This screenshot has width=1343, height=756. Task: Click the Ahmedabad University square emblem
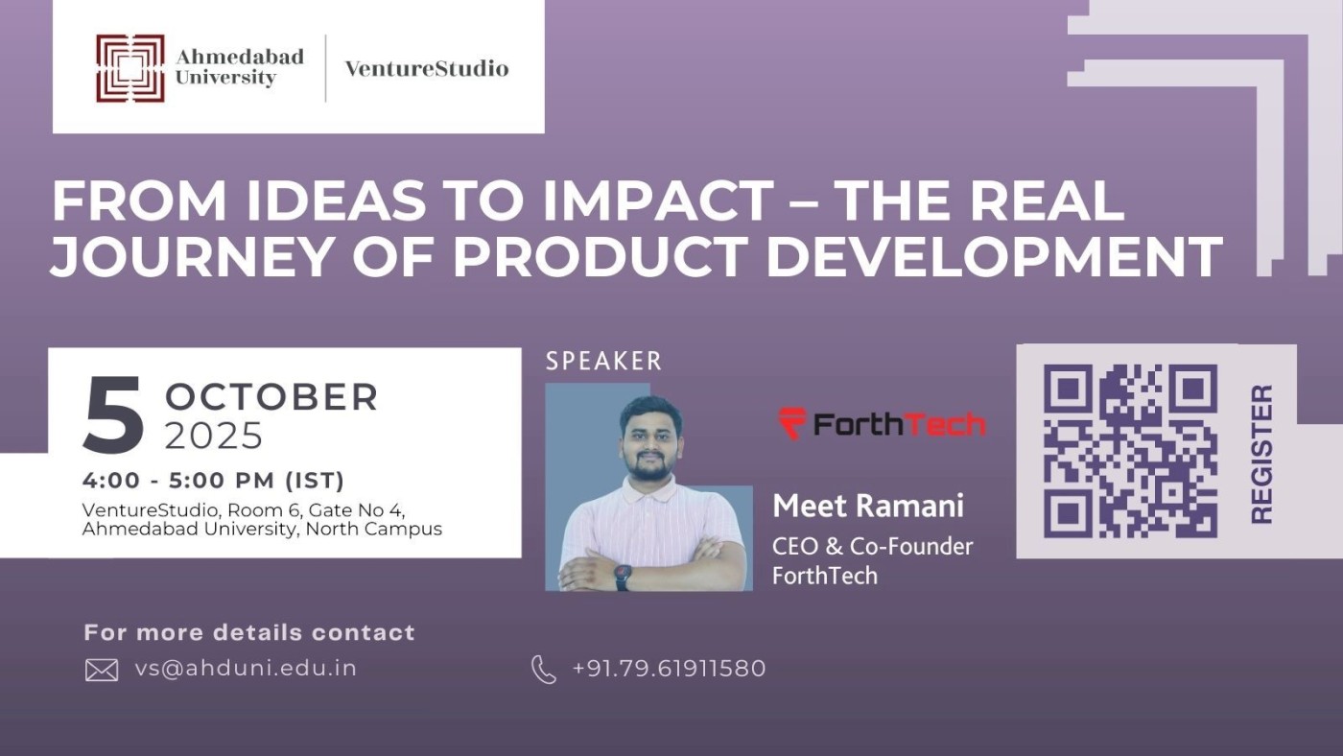[130, 68]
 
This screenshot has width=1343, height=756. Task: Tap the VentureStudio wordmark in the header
[427, 68]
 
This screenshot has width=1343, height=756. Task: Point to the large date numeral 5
[113, 416]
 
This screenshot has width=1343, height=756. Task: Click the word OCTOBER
[271, 397]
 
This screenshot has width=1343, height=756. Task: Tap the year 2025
[214, 437]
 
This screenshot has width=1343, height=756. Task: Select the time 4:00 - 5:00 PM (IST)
[214, 481]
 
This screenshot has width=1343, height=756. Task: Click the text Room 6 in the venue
[264, 509]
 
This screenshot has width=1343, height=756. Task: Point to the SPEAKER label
[603, 362]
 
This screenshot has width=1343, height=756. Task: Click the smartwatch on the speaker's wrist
[623, 578]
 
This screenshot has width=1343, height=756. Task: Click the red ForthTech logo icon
[792, 423]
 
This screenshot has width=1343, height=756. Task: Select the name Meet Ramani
[868, 506]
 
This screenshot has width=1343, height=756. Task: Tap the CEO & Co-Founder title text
[872, 546]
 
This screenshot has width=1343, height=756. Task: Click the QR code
[1130, 451]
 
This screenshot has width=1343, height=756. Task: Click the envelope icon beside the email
[102, 670]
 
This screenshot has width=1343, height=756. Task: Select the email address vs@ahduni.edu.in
[246, 669]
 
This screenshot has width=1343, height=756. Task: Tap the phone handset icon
[544, 669]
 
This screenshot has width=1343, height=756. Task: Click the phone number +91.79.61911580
[669, 669]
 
